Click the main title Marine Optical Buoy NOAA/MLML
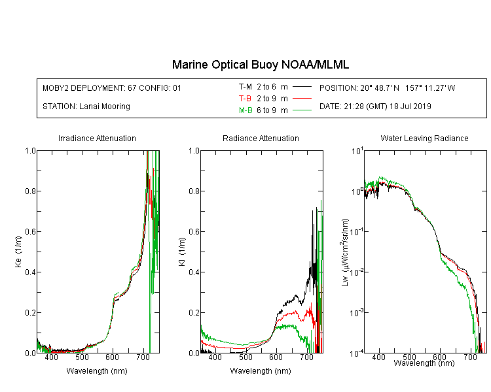(x=261, y=65)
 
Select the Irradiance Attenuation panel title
(x=97, y=138)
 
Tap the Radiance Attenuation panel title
(x=261, y=138)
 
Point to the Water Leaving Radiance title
(x=424, y=138)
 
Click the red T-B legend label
(x=245, y=99)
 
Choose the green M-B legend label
(x=245, y=110)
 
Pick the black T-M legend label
(x=245, y=87)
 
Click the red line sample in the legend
(x=302, y=99)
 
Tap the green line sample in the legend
(x=302, y=110)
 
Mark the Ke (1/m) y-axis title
(x=18, y=252)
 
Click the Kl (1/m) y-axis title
(x=182, y=252)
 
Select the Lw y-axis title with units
(x=345, y=252)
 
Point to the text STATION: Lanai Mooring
(x=86, y=106)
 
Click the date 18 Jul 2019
(x=410, y=106)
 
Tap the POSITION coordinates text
(x=388, y=88)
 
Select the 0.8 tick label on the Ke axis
(x=30, y=191)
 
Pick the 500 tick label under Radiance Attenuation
(x=245, y=357)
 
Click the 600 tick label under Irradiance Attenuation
(x=113, y=357)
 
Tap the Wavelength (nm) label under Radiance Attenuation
(x=261, y=371)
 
